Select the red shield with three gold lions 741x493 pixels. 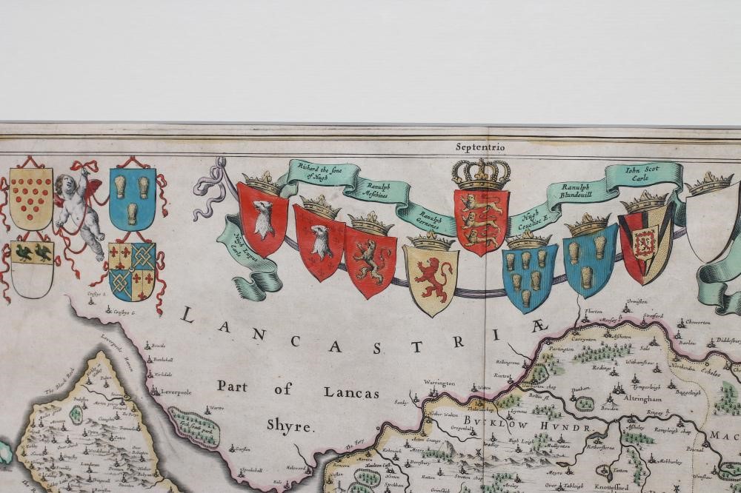(x=481, y=221)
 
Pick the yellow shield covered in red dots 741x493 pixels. (x=31, y=198)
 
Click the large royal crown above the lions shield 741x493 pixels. (x=482, y=174)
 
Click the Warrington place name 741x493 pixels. (x=439, y=383)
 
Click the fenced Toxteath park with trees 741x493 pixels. (x=194, y=428)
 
